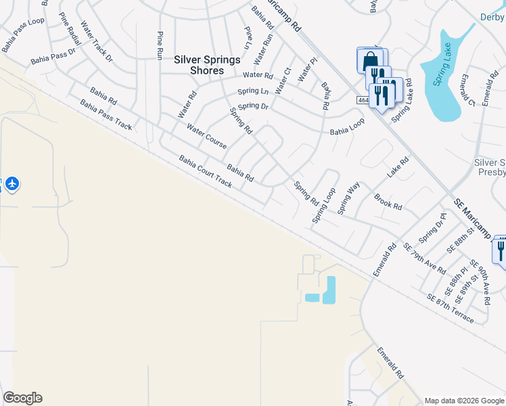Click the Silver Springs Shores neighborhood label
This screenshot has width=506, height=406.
(x=207, y=65)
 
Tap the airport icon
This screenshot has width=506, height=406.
(x=11, y=183)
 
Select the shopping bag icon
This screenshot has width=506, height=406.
(x=370, y=61)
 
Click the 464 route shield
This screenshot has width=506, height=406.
(x=363, y=100)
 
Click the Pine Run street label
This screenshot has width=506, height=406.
(x=160, y=44)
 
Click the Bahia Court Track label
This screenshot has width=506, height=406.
(x=205, y=171)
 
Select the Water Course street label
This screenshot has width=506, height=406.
(x=206, y=135)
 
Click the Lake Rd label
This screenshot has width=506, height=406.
(x=398, y=168)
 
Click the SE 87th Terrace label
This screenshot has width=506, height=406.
(x=450, y=308)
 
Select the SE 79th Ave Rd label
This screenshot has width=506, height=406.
(x=424, y=258)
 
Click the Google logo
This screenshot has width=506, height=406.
(x=22, y=398)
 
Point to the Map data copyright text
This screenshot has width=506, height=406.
(x=463, y=400)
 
